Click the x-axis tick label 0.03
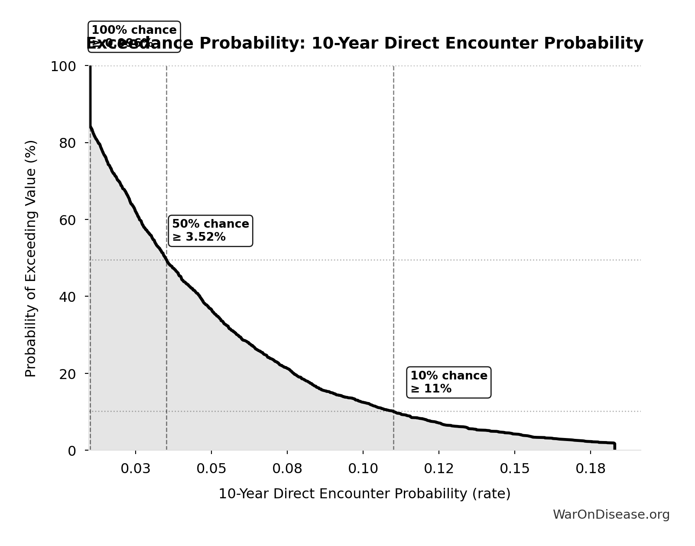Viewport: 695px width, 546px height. [x=136, y=469]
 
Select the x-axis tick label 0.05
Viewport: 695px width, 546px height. [x=211, y=469]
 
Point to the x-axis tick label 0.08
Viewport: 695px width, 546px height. [x=287, y=469]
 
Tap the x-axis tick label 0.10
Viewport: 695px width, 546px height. [x=363, y=469]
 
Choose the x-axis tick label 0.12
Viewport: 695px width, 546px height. [x=438, y=469]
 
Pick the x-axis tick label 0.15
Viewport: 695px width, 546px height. [x=514, y=469]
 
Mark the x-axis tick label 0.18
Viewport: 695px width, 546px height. [x=590, y=469]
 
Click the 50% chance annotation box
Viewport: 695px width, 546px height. [x=210, y=231]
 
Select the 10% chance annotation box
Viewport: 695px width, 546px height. [x=448, y=382]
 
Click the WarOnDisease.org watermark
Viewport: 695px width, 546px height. [x=611, y=515]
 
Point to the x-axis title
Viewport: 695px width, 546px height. [x=364, y=494]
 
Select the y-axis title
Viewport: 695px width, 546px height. [x=31, y=258]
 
